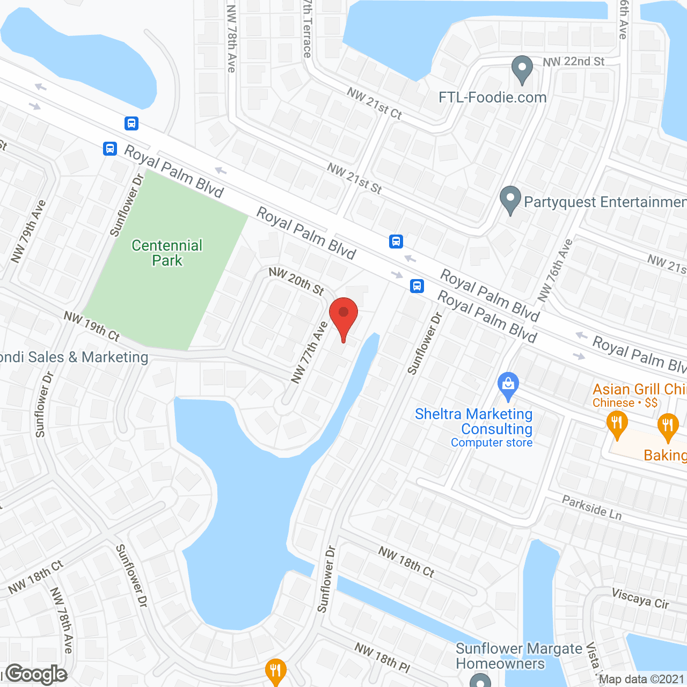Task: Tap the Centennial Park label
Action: click(x=167, y=253)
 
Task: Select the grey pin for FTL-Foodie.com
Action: click(x=522, y=69)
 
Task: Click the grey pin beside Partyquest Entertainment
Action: click(x=510, y=200)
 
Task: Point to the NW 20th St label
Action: click(x=296, y=281)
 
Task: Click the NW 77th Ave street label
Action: click(x=309, y=352)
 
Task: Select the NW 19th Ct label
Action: click(x=92, y=326)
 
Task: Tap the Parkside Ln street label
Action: click(x=592, y=507)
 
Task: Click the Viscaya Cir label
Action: click(x=640, y=598)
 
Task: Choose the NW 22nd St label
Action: click(x=573, y=62)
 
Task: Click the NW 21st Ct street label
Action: click(x=374, y=103)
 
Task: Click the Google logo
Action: click(x=36, y=674)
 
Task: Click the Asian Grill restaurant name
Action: click(x=639, y=389)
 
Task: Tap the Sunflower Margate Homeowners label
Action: click(x=518, y=656)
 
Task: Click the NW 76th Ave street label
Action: click(x=555, y=270)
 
